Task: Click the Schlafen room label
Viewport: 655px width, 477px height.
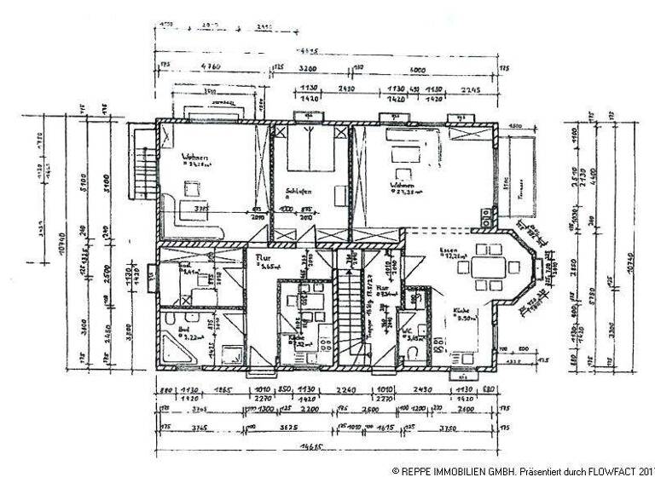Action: [x=299, y=192]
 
